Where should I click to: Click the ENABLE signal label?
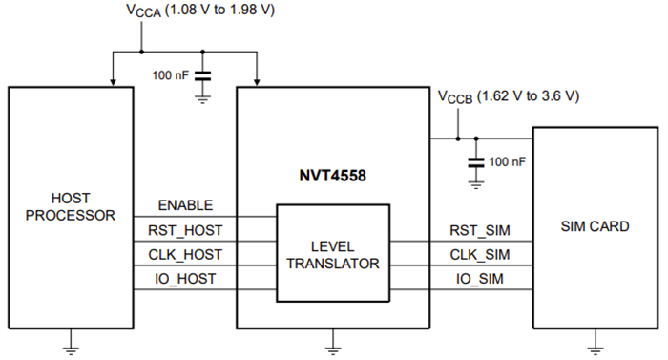[186, 206]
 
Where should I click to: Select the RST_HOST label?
[186, 230]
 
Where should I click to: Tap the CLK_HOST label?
[186, 255]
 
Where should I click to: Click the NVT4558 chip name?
[333, 176]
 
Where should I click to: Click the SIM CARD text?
[594, 227]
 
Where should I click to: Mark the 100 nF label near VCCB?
[506, 162]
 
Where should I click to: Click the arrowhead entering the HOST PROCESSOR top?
[113, 81]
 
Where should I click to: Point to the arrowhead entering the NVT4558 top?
[258, 81]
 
